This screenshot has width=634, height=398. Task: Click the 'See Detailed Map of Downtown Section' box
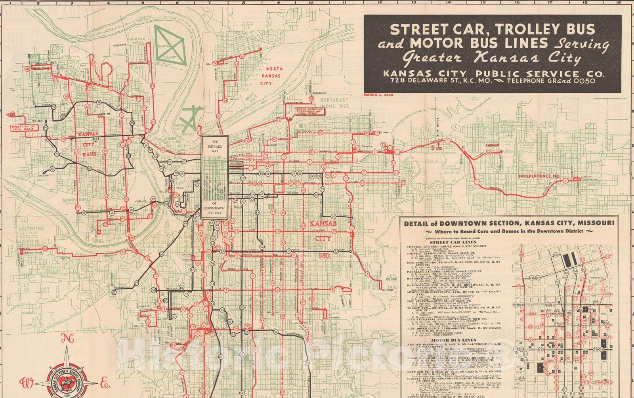click(x=214, y=177)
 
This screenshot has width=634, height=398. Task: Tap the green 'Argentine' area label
click(x=32, y=229)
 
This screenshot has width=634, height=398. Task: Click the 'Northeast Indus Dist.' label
click(x=334, y=103)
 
